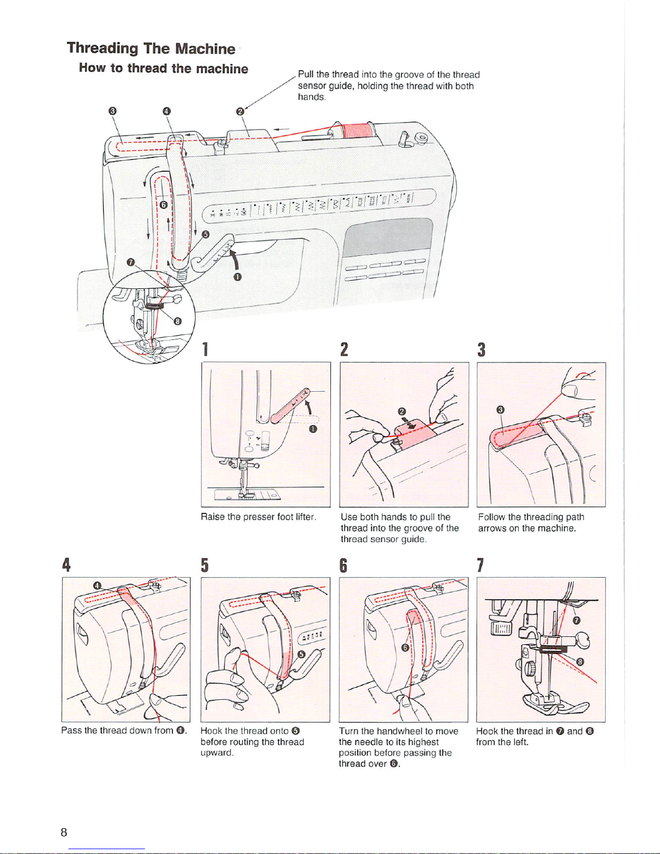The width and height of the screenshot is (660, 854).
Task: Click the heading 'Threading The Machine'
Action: pyautogui.click(x=151, y=48)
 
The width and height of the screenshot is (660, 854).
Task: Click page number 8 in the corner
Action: pyautogui.click(x=64, y=832)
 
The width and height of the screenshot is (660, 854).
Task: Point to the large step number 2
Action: pyautogui.click(x=344, y=350)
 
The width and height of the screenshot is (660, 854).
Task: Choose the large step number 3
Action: pyautogui.click(x=482, y=350)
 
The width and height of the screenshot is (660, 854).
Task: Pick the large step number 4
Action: pyautogui.click(x=66, y=565)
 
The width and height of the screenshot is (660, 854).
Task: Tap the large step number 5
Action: pyautogui.click(x=205, y=565)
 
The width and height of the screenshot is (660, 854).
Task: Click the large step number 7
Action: pyautogui.click(x=481, y=565)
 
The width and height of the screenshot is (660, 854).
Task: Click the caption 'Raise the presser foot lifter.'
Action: pyautogui.click(x=258, y=517)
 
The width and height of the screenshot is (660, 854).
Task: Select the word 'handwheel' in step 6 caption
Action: pyautogui.click(x=399, y=731)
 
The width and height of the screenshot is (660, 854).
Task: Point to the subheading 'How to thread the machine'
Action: pyautogui.click(x=163, y=68)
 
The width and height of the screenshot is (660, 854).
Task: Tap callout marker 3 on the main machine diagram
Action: pyautogui.click(x=112, y=111)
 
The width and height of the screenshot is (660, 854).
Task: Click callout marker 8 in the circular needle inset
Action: pyautogui.click(x=176, y=321)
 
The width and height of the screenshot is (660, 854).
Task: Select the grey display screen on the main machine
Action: pyautogui.click(x=388, y=238)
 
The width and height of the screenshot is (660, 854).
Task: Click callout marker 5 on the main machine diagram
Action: pyautogui.click(x=205, y=234)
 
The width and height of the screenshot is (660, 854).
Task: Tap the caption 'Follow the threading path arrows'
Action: pyautogui.click(x=531, y=523)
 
